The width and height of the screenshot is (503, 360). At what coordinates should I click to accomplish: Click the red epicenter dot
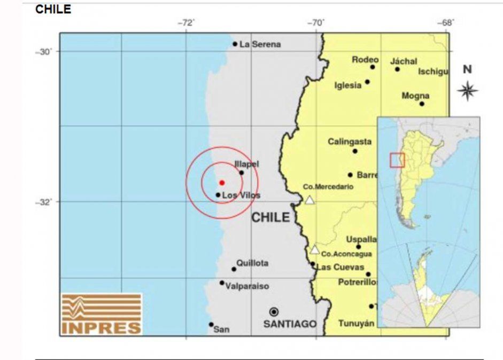point(222,183)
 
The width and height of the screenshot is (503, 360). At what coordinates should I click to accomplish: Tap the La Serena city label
point(260,44)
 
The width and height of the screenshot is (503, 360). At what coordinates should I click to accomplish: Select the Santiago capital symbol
point(274,312)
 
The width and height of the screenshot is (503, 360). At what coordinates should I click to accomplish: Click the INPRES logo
point(102,314)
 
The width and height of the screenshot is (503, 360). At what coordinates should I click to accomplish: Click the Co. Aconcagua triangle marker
point(315,249)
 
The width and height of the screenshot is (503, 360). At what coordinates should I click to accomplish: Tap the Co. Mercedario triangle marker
point(309,200)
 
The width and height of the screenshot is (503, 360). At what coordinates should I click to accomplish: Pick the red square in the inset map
point(397,160)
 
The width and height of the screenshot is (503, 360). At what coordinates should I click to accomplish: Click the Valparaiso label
point(247,286)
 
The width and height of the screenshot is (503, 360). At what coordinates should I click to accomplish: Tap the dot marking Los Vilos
point(218,195)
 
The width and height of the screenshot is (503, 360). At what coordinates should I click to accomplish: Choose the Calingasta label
point(350,142)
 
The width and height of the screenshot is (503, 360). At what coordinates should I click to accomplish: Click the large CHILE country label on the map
point(270,217)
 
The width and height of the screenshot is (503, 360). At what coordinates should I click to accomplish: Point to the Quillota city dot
point(234,269)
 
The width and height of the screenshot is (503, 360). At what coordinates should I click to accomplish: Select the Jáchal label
point(404,61)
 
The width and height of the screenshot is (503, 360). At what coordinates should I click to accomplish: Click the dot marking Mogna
point(422,104)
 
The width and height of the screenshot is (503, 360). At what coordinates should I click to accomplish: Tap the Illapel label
point(246,164)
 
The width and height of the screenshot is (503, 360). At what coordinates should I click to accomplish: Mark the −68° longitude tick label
point(446,22)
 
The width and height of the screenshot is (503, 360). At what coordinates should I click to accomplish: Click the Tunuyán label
point(356,324)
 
